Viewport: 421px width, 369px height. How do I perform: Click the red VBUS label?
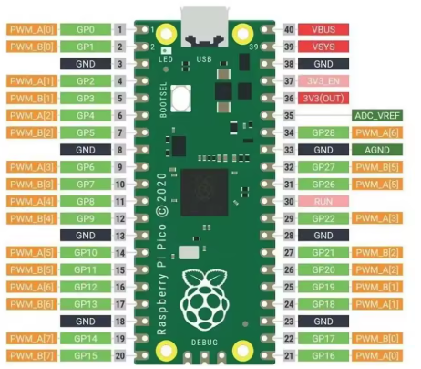pyautogui.click(x=323, y=29)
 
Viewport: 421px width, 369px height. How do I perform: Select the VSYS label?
pyautogui.click(x=323, y=47)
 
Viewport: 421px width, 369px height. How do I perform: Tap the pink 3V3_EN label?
pyautogui.click(x=323, y=81)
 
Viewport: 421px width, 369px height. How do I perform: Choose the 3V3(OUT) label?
pyautogui.click(x=323, y=98)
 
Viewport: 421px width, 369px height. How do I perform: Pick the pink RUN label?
pyautogui.click(x=323, y=201)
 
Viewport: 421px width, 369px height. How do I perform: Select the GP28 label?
pyautogui.click(x=323, y=133)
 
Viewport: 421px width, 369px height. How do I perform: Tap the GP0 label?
pyautogui.click(x=86, y=29)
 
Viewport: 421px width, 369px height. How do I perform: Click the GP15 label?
pyautogui.click(x=86, y=354)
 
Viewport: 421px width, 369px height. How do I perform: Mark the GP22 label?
pyautogui.click(x=323, y=218)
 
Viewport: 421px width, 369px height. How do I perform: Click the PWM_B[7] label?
pyautogui.click(x=31, y=354)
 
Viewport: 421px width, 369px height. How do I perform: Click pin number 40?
pyautogui.click(x=289, y=29)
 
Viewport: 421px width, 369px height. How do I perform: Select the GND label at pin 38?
pyautogui.click(x=323, y=64)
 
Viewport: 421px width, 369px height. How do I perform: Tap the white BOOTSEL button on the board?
pyautogui.click(x=182, y=96)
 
